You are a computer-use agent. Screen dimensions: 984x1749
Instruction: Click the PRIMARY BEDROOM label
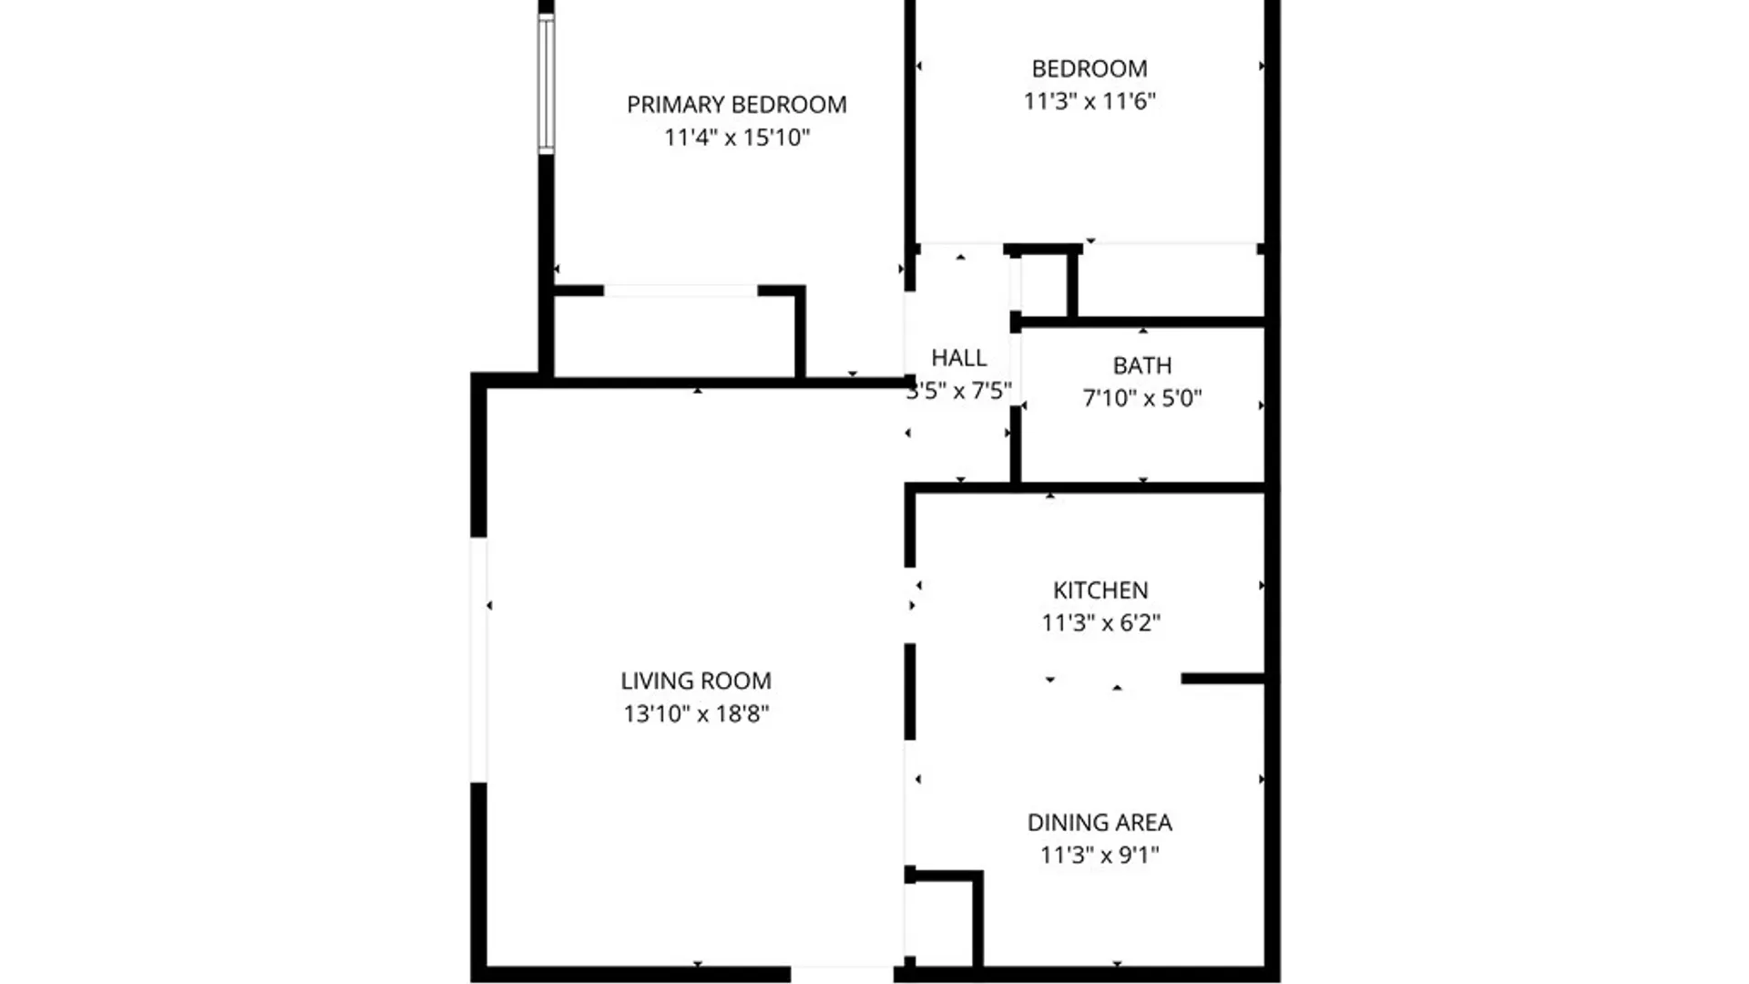(736, 105)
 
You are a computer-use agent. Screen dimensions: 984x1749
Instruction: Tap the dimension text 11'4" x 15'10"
(736, 138)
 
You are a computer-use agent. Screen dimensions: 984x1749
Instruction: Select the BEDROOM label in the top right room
(1089, 69)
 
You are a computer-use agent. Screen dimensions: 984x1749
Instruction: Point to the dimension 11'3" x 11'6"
(1089, 101)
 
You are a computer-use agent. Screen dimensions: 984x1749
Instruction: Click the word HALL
(958, 358)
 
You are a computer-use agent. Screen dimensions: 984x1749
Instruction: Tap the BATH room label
(1141, 366)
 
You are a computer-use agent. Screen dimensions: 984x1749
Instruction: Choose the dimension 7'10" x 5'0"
(1141, 398)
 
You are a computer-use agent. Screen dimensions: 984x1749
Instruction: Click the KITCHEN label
(1100, 590)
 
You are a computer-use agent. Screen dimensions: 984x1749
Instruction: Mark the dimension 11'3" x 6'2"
(1100, 623)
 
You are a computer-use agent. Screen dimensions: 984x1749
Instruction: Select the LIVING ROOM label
(695, 682)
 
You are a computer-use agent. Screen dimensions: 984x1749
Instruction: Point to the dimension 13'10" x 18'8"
(695, 713)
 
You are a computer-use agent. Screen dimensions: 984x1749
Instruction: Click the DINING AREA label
(1099, 823)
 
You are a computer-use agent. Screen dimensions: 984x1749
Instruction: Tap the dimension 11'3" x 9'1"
(1099, 856)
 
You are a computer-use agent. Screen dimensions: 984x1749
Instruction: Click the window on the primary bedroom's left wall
(546, 84)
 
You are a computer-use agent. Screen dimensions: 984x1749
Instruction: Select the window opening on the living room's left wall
(477, 660)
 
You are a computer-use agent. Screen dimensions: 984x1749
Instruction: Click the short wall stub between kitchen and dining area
(1222, 679)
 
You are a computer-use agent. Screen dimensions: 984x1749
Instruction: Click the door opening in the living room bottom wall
(842, 973)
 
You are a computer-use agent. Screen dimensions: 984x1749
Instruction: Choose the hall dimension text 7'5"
(990, 391)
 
